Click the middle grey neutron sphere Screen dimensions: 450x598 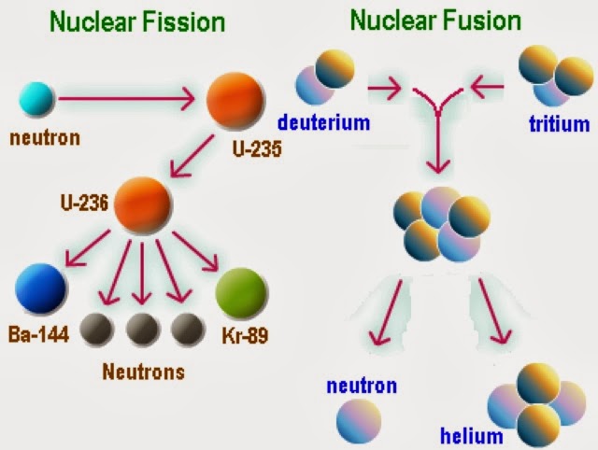pos(141,329)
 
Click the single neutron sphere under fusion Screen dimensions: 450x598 pos(360,417)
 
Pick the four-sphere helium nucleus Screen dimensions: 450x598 pos(529,408)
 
